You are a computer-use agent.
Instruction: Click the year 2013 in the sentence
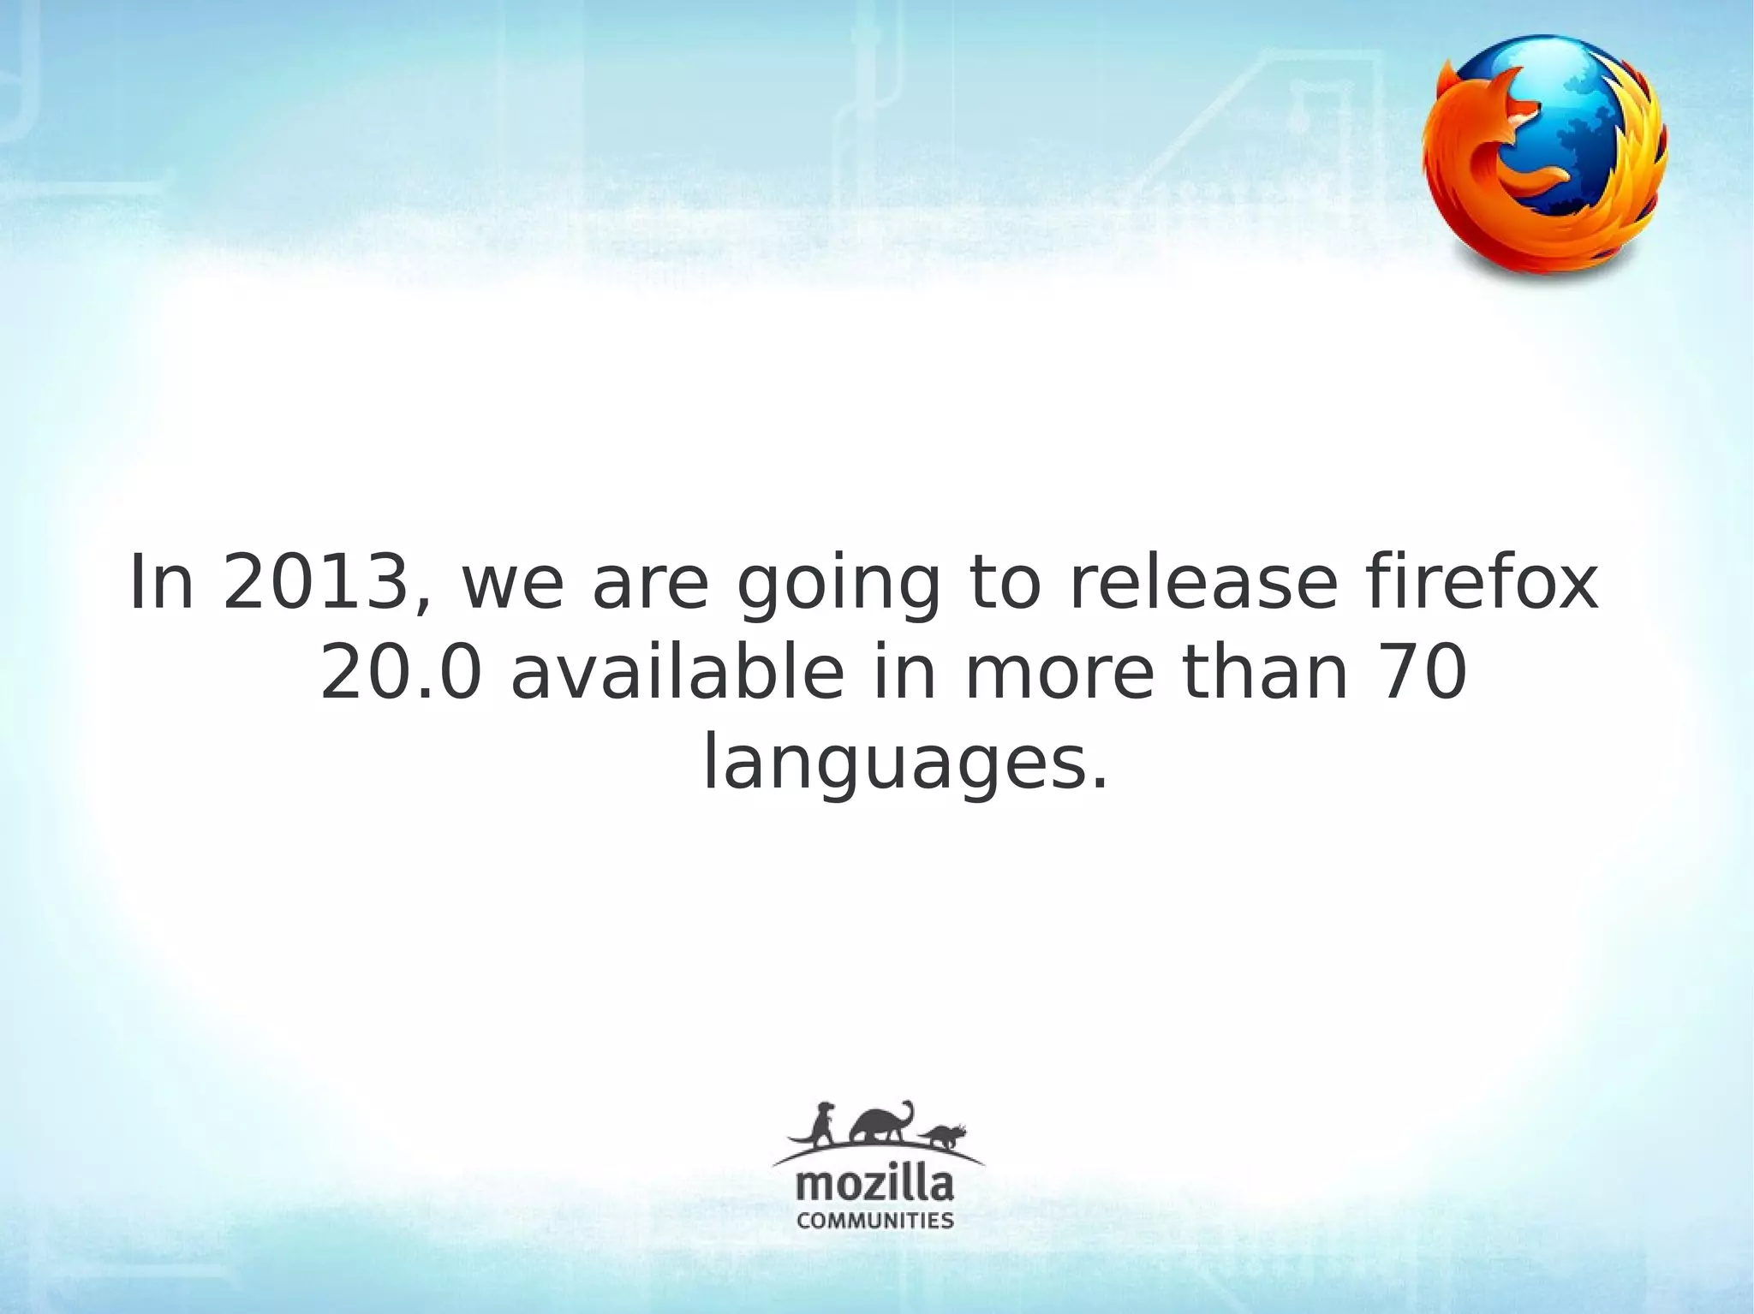(x=313, y=585)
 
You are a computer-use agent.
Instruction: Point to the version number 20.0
(x=401, y=674)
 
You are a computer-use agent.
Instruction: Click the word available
(x=677, y=674)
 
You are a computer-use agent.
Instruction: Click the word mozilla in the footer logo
(x=874, y=1186)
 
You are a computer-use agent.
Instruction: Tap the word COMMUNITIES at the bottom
(x=874, y=1221)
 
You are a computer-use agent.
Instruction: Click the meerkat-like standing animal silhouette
(x=822, y=1127)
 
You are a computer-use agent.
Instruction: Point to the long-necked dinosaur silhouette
(x=882, y=1123)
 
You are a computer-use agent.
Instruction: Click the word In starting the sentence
(x=162, y=585)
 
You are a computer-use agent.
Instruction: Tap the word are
(x=651, y=585)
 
